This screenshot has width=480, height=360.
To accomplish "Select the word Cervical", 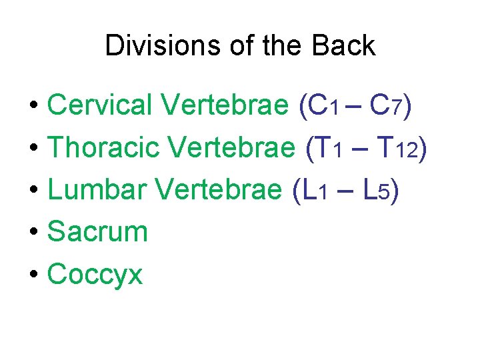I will [x=100, y=105].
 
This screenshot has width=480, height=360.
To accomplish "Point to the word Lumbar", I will [x=97, y=191].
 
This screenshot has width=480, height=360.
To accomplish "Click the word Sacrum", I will [x=97, y=232].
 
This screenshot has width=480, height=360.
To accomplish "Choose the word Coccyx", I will [x=95, y=274].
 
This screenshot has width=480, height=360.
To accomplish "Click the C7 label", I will [x=386, y=105].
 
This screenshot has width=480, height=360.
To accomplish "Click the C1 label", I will [x=325, y=105].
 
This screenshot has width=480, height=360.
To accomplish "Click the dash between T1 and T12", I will [x=360, y=150].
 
